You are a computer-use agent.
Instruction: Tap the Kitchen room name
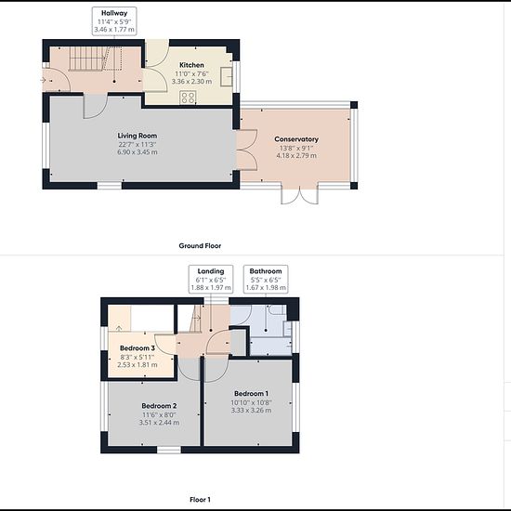tap(191, 65)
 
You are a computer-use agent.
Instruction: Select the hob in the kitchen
tap(188, 98)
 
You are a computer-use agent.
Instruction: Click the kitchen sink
tap(226, 76)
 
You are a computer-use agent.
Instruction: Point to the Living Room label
tap(138, 136)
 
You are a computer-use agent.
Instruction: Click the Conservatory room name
tap(296, 139)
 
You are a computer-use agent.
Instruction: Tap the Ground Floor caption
tap(200, 245)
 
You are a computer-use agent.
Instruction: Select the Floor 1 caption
tap(200, 499)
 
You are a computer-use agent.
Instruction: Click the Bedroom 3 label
tap(138, 348)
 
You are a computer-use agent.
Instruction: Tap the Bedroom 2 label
tap(159, 406)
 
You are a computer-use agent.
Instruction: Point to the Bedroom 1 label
tap(251, 393)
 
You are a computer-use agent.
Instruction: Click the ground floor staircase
tap(95, 59)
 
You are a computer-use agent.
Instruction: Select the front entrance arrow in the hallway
tap(43, 80)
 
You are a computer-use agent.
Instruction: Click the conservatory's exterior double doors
tap(299, 195)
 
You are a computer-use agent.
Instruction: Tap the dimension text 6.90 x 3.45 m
tap(138, 152)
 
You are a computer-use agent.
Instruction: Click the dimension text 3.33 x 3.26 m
tap(251, 411)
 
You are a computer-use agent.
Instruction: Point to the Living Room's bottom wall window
tap(110, 186)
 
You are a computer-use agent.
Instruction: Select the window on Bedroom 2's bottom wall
tap(169, 450)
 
